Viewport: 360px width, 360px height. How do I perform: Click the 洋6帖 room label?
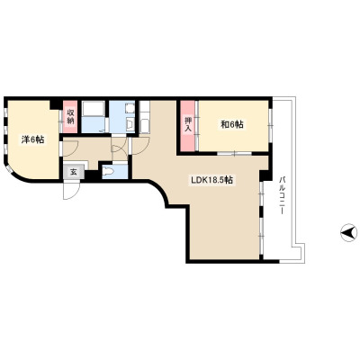33,139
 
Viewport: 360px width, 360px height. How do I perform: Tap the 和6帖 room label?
232,124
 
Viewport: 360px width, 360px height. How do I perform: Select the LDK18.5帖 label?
212,180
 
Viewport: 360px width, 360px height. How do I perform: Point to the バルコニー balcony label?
282,195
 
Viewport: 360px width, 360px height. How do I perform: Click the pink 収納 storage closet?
70,117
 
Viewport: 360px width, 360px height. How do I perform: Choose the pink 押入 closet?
188,126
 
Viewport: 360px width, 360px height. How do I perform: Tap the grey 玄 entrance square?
74,172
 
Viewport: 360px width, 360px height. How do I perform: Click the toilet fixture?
108,172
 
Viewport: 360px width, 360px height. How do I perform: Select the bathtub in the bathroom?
94,109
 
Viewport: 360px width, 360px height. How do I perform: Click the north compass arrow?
349,232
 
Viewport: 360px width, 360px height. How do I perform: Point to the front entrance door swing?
71,191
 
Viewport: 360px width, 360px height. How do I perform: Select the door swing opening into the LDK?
140,146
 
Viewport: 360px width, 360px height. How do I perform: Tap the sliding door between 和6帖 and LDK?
234,153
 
